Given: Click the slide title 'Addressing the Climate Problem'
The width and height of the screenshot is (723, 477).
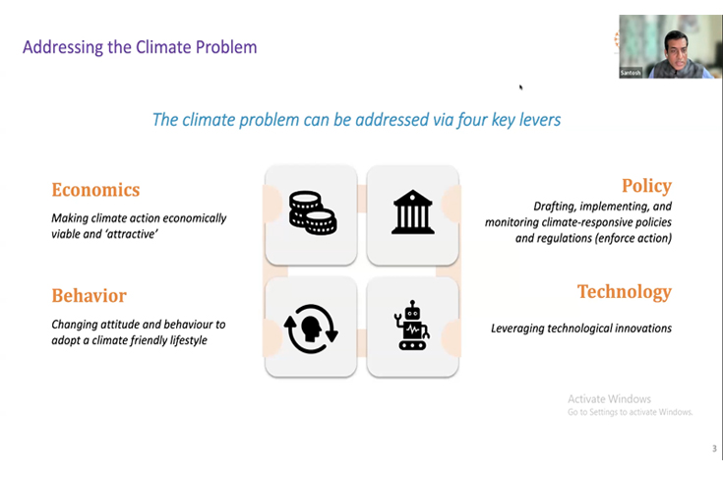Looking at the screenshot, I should tap(140, 46).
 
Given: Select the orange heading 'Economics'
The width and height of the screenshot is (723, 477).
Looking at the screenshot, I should tap(95, 190).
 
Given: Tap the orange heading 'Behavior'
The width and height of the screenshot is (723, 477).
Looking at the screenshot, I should tap(89, 295).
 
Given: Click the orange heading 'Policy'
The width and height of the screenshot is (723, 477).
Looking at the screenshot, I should tap(646, 186).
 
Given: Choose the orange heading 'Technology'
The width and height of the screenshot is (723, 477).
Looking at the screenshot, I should tap(624, 291).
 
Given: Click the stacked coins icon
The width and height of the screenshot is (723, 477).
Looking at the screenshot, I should tap(312, 213).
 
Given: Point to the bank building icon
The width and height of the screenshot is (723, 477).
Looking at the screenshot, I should tap(412, 213).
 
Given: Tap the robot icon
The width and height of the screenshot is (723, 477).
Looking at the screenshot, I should tap(412, 326).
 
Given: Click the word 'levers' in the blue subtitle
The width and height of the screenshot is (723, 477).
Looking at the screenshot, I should tap(537, 120).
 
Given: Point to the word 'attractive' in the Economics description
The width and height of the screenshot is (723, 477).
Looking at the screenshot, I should tap(131, 234).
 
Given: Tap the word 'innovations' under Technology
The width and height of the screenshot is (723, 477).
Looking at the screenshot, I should tap(639, 328).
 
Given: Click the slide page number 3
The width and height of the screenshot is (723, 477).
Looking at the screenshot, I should tap(714, 448).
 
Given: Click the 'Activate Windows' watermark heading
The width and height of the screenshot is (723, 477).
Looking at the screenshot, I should tap(609, 398).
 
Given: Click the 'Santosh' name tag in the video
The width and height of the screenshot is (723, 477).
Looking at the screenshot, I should tap(631, 72).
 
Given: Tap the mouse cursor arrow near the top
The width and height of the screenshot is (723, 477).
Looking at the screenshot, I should tap(521, 88).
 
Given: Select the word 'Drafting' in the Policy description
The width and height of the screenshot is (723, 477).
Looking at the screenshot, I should tap(558, 207).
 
